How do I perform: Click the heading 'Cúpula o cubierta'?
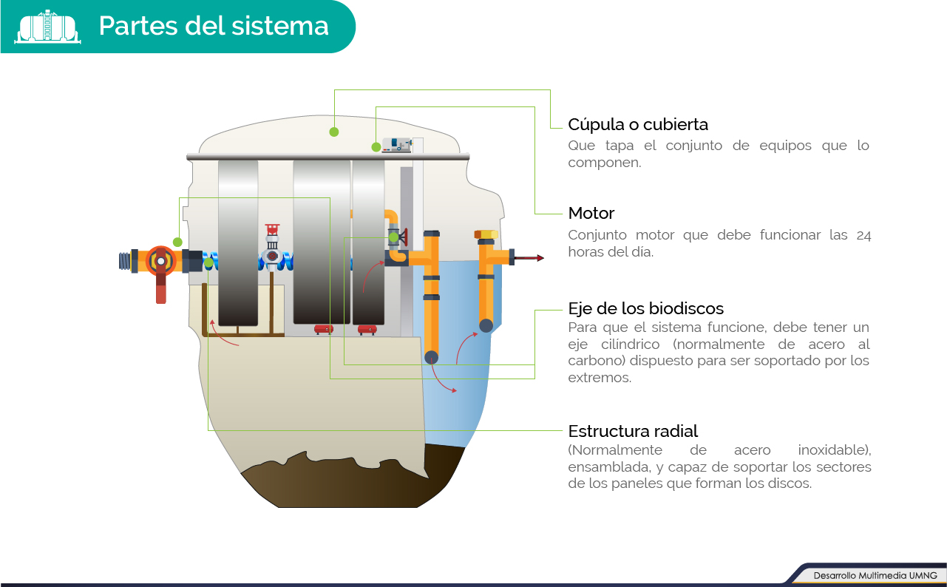[x=638, y=124]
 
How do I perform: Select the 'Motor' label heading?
[x=591, y=214]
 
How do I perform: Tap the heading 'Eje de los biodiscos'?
[x=645, y=308]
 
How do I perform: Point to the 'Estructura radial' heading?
[x=633, y=431]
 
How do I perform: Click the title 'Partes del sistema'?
[x=214, y=26]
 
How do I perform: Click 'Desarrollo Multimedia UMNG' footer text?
[x=875, y=575]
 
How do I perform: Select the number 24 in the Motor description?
[x=863, y=236]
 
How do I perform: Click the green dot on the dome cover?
[x=334, y=132]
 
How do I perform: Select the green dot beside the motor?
[x=376, y=147]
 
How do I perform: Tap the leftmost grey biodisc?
[x=238, y=244]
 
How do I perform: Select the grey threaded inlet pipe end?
[x=124, y=262]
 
